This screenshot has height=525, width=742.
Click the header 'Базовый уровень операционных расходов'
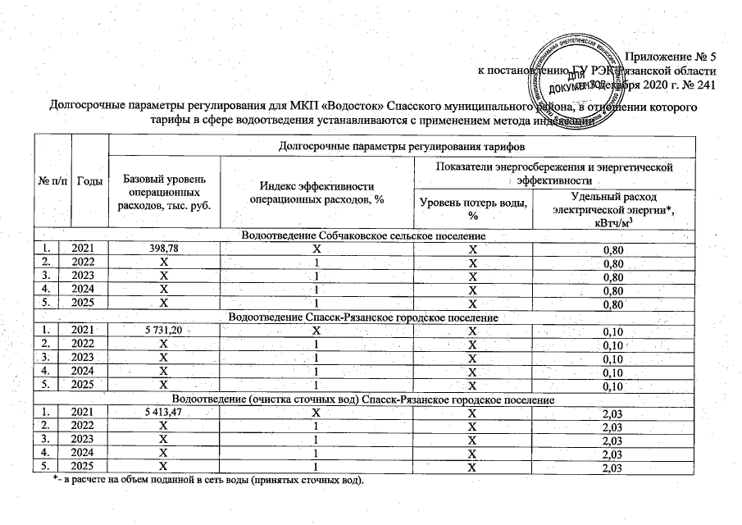(164, 191)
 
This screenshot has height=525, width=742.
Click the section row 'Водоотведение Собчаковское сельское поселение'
(363, 235)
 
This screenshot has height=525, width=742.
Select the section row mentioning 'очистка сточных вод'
(363, 399)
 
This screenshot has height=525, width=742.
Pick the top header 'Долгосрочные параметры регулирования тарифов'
(401, 147)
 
